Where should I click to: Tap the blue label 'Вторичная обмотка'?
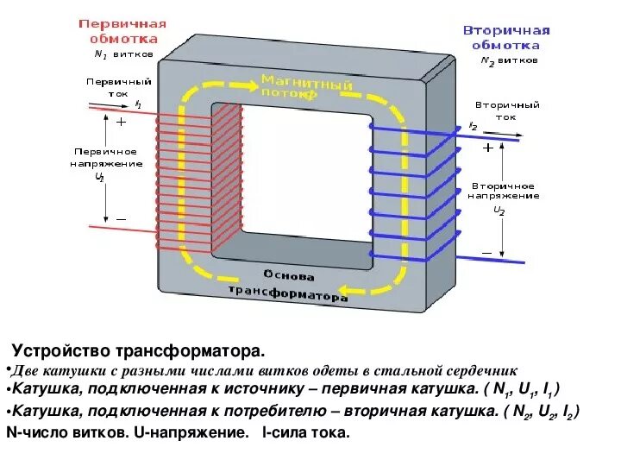(507, 37)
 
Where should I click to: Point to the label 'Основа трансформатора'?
(288, 286)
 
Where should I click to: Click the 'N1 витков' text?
(123, 53)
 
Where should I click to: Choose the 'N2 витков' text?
(509, 61)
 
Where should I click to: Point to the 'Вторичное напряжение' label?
(503, 191)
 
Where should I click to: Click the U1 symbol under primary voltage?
(100, 177)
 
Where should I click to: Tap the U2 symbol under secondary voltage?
(499, 210)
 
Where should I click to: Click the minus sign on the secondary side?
(487, 252)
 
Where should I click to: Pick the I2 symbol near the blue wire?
(473, 126)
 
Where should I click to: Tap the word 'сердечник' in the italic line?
(473, 370)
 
